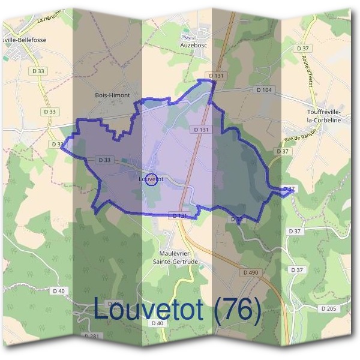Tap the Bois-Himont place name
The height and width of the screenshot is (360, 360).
click(x=112, y=95)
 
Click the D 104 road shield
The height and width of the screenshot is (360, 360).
click(x=263, y=90)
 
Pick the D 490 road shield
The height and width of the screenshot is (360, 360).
click(x=251, y=272)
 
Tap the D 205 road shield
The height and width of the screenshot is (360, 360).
click(x=328, y=308)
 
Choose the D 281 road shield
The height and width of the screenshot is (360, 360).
click(x=92, y=337)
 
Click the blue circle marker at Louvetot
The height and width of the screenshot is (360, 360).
click(x=152, y=179)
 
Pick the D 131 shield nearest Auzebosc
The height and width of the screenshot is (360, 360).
click(x=215, y=76)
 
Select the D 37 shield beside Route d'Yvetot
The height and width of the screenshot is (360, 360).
click(x=302, y=48)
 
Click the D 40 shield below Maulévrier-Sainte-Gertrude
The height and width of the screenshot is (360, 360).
click(x=157, y=323)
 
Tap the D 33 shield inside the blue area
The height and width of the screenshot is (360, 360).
click(x=104, y=160)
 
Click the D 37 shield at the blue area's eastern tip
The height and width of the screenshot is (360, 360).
click(x=289, y=189)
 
